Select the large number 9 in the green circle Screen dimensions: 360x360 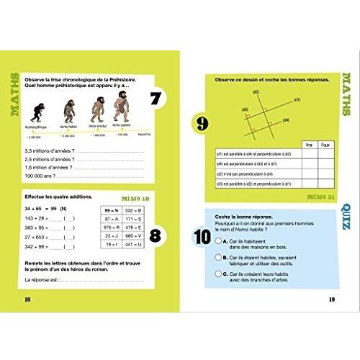coord(202,125)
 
